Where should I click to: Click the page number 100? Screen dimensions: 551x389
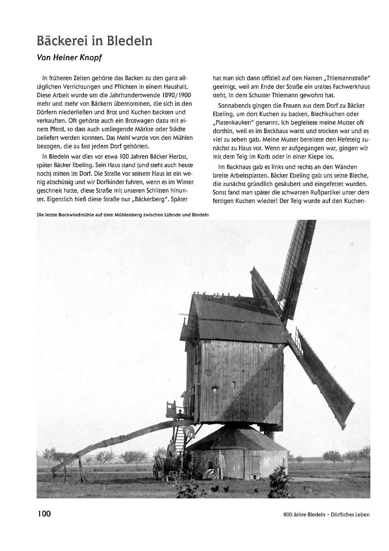click(44, 514)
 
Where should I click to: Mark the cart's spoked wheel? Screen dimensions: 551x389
click(156, 470)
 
